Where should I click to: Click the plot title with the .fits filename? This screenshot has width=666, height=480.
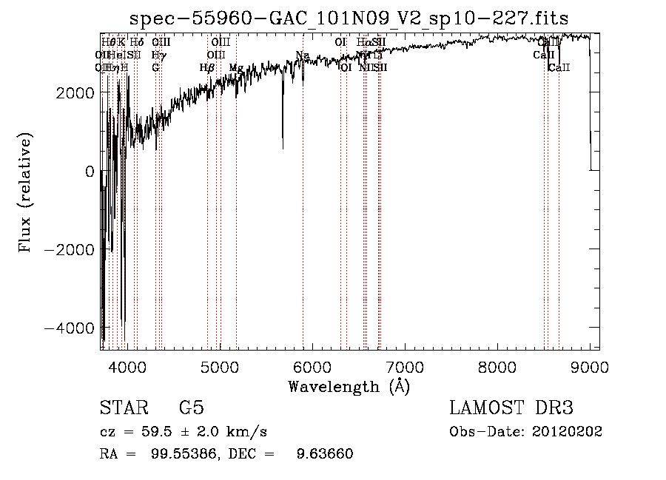click(x=349, y=19)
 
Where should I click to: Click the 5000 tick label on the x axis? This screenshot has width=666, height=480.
click(x=219, y=368)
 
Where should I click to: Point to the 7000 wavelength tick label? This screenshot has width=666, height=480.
click(x=405, y=368)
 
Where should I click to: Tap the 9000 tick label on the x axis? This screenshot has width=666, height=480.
click(x=590, y=368)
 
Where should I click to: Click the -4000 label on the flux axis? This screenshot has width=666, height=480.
click(x=73, y=328)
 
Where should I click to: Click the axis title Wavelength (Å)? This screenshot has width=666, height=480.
click(x=349, y=386)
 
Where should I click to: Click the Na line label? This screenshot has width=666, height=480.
click(x=302, y=55)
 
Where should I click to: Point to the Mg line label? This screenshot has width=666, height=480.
click(x=235, y=68)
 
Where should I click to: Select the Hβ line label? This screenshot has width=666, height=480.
click(x=207, y=68)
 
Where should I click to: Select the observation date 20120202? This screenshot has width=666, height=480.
click(x=568, y=432)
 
